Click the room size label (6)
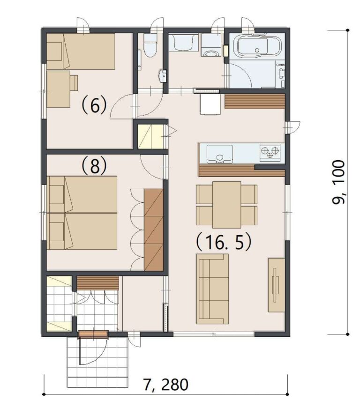(95, 105)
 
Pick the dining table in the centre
(226, 204)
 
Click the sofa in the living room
(212, 289)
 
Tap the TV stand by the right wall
(276, 284)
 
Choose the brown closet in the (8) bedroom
(153, 230)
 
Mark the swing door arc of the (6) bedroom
(120, 107)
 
